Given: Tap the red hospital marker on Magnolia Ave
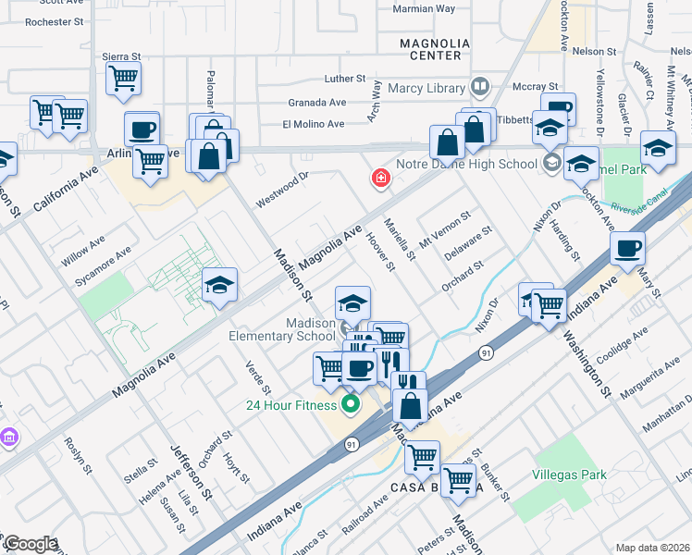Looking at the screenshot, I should [x=379, y=178].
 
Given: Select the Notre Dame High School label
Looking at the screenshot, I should [x=466, y=165].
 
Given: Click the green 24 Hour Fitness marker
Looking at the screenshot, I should [x=351, y=403].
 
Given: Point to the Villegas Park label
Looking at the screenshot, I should [x=569, y=475].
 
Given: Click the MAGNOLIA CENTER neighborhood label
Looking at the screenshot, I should [x=430, y=49].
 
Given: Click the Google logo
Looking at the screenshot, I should [x=30, y=544].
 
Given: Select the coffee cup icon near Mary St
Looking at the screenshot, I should [x=627, y=249].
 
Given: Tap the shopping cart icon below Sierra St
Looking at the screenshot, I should [x=122, y=79].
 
